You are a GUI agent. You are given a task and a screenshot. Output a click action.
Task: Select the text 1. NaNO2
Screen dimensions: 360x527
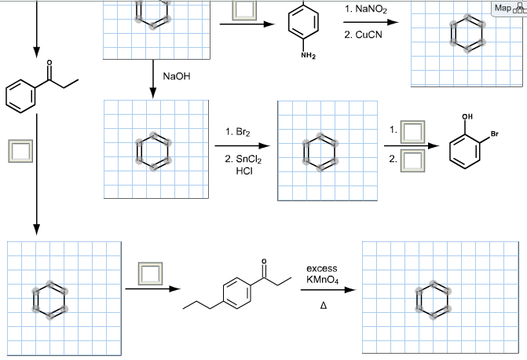365,9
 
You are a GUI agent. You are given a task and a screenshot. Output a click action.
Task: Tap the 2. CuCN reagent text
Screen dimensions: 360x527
362,35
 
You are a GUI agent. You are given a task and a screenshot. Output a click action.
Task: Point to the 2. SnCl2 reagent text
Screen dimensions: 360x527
243,160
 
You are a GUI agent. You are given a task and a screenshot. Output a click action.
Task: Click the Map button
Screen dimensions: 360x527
507,9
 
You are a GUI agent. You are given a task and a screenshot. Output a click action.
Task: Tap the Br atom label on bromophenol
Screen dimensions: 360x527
494,132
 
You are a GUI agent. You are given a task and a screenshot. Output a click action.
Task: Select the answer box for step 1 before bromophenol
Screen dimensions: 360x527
411,130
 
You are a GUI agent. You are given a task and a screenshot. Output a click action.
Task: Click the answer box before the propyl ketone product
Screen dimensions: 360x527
149,273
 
